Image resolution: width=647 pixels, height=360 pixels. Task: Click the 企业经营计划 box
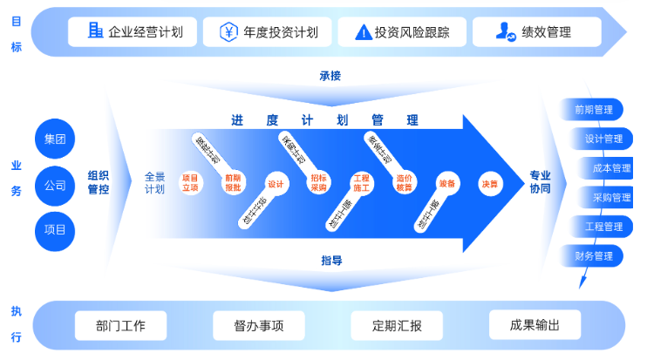[136, 32]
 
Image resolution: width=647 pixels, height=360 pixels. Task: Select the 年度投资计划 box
[268, 32]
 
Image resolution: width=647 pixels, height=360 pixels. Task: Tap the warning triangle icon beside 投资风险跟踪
[363, 33]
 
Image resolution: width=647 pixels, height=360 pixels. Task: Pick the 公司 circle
[55, 186]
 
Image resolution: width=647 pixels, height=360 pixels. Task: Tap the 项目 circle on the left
[55, 231]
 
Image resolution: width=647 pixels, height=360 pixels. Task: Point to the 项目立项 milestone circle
[189, 182]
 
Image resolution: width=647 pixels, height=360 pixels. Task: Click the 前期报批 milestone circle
[234, 182]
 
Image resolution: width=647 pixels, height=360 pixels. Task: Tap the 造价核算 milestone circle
[404, 182]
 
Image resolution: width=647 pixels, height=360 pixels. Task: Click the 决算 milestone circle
[488, 184]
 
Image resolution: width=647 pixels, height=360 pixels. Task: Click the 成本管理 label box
[608, 168]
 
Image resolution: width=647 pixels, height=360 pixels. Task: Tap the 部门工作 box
[120, 326]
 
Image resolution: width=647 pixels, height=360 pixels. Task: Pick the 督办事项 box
[258, 326]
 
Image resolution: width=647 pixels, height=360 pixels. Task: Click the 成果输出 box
[535, 324]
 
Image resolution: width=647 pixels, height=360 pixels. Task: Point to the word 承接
[330, 76]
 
